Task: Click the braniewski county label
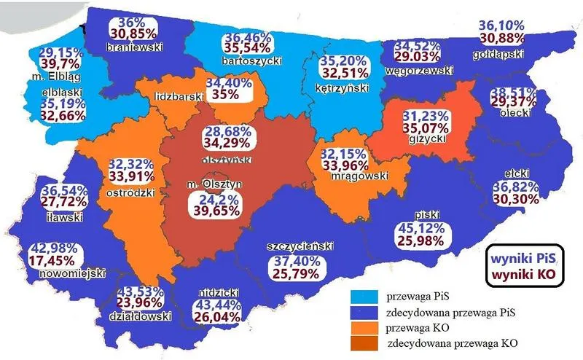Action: click(x=133, y=48)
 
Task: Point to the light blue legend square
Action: click(x=362, y=297)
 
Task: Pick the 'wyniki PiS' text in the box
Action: click(x=523, y=258)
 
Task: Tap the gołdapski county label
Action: click(x=517, y=54)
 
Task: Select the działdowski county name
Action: click(x=144, y=316)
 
